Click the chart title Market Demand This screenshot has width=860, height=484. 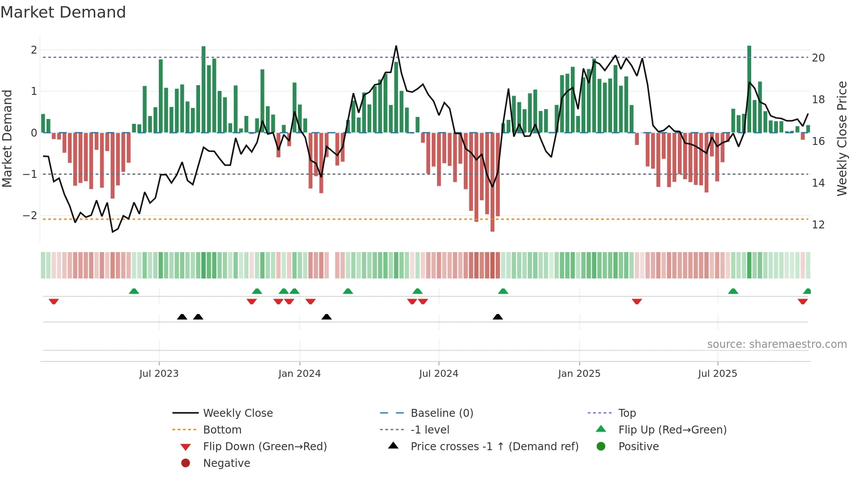(x=63, y=12)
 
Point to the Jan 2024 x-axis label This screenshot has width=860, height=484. (x=299, y=374)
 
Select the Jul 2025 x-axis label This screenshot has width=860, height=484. (x=717, y=374)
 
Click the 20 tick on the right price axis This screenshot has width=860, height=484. (x=818, y=58)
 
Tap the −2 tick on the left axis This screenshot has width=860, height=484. (x=30, y=215)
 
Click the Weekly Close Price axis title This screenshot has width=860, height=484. (x=842, y=138)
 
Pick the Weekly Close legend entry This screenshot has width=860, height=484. (x=237, y=413)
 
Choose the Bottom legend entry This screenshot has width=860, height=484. (x=222, y=430)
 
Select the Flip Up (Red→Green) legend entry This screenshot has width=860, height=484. (x=672, y=430)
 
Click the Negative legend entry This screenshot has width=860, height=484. (x=226, y=463)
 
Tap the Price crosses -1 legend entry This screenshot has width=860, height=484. (x=494, y=446)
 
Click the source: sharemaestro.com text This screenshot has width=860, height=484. (x=777, y=344)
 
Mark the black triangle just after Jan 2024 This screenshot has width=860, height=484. (x=326, y=317)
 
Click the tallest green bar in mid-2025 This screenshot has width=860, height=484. (x=749, y=88)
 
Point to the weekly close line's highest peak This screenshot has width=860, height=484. (x=396, y=46)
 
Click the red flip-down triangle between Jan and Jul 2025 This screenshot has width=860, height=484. (x=637, y=301)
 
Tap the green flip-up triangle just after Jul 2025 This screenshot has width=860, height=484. (x=733, y=291)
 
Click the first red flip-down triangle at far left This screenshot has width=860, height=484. (x=54, y=301)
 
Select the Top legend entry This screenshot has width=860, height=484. (x=627, y=413)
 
